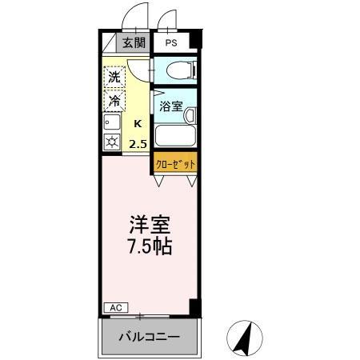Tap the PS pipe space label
171,43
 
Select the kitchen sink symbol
111,123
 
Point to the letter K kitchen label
138,123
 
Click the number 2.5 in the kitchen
138,144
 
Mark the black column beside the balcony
193,306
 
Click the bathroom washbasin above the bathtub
190,115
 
